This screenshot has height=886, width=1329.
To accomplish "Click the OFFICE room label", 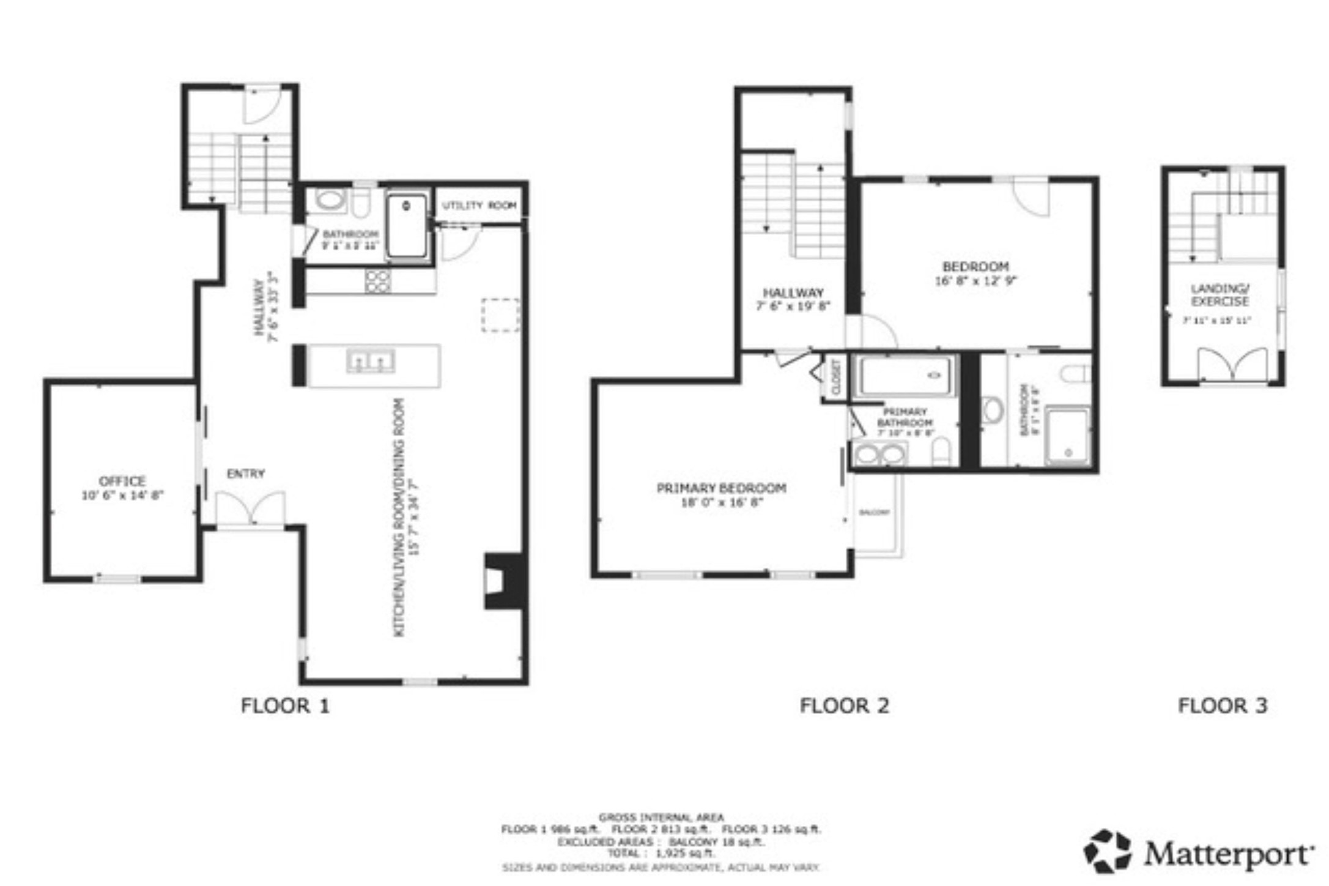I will pos(122,481).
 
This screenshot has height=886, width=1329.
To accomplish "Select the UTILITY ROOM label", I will pos(479,206).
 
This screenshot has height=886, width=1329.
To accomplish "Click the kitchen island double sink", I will pos(371,361).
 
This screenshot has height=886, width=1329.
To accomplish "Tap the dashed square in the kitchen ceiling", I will pos(500,316).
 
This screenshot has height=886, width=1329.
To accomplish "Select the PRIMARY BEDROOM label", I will pos(721,488).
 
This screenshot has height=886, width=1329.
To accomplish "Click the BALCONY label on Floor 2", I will pos(874,513).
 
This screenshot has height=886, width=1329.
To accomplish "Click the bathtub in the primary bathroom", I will pos(906,375).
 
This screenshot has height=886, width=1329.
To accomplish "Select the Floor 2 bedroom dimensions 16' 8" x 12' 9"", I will pos(975,281).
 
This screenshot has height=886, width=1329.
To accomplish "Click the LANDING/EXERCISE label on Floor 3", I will pos(1220,295).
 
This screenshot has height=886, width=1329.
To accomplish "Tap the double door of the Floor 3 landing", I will pos(1232,366).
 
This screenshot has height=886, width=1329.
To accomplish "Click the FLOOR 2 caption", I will pos(844,705).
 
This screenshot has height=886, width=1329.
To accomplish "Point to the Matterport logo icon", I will pos(1108,851).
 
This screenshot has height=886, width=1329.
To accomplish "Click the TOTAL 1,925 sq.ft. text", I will pos(661,854).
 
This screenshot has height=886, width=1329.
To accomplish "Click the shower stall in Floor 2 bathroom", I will pos(1067,435).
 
